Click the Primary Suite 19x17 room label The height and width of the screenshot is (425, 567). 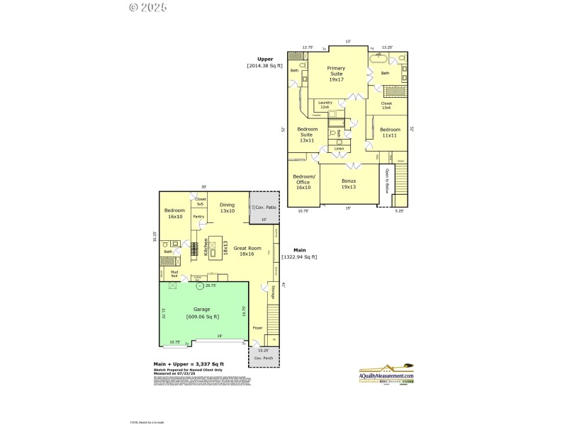[336, 74]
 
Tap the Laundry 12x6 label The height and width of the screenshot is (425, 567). [325, 104]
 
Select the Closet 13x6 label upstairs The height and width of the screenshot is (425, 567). [386, 106]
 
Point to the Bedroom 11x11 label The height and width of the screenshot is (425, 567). [390, 132]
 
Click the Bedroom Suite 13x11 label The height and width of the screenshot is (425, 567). [307, 134]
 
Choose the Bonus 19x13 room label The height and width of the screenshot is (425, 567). [348, 184]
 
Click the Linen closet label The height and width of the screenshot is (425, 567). [339, 149]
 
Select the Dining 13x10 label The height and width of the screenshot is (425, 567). [227, 208]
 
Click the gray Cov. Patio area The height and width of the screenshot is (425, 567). [264, 208]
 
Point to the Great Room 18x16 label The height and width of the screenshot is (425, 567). [250, 251]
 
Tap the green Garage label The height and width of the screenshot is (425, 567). [202, 313]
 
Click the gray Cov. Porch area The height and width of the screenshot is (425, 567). [263, 356]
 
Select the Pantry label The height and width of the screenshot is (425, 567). [198, 217]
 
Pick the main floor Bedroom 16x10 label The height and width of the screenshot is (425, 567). [174, 213]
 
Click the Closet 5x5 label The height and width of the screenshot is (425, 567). [200, 202]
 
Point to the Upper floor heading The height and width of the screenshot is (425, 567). [264, 59]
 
